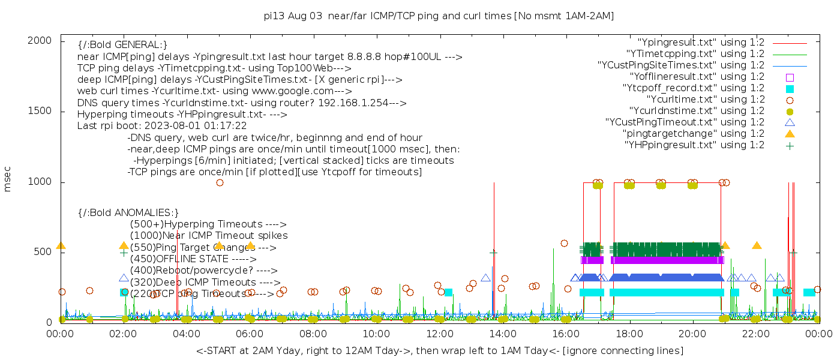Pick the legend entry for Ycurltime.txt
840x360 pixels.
click(706, 100)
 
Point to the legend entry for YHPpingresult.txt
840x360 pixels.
click(694, 145)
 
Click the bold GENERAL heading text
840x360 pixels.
click(122, 46)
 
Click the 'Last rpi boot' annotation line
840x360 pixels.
click(162, 126)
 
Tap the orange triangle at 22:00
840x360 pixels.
click(757, 245)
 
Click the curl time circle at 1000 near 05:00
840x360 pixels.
click(220, 182)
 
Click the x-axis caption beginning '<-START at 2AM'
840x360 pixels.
click(439, 350)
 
